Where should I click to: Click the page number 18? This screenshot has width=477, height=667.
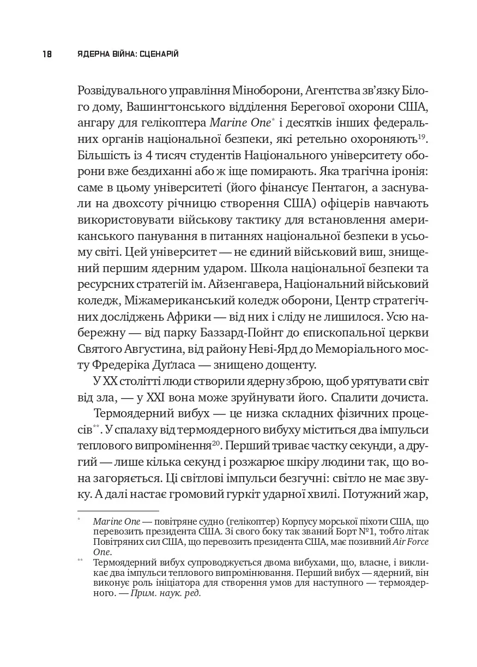click(46, 54)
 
